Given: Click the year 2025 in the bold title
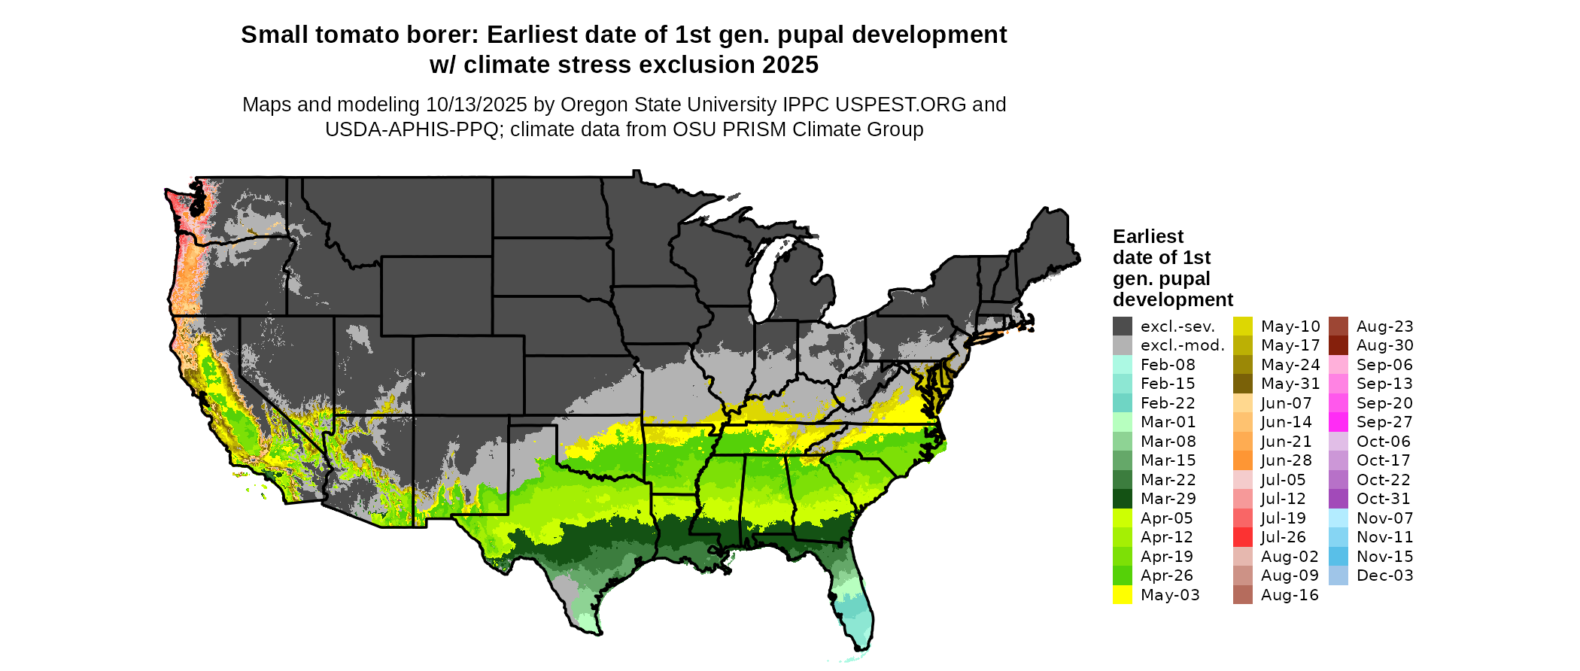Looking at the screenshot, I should pyautogui.click(x=790, y=65).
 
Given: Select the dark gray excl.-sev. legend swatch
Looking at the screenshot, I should pyautogui.click(x=1123, y=326).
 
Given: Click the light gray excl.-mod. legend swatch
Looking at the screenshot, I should pyautogui.click(x=1123, y=345).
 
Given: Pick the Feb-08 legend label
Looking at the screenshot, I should pyautogui.click(x=1168, y=365).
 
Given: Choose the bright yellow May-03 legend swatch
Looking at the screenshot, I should pyautogui.click(x=1123, y=595).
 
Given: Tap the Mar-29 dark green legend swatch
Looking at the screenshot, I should pyautogui.click(x=1123, y=499).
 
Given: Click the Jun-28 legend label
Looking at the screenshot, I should pyautogui.click(x=1287, y=460).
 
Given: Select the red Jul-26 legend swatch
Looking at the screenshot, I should pyautogui.click(x=1243, y=537).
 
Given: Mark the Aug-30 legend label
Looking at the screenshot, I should pyautogui.click(x=1385, y=345).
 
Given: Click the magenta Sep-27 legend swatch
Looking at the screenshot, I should pyautogui.click(x=1338, y=422).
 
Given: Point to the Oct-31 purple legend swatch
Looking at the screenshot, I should pyautogui.click(x=1338, y=499).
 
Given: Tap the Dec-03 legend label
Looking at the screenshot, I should pyautogui.click(x=1385, y=575).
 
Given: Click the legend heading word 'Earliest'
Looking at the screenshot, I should pyautogui.click(x=1148, y=237).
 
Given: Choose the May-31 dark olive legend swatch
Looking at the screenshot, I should pyautogui.click(x=1243, y=384).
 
